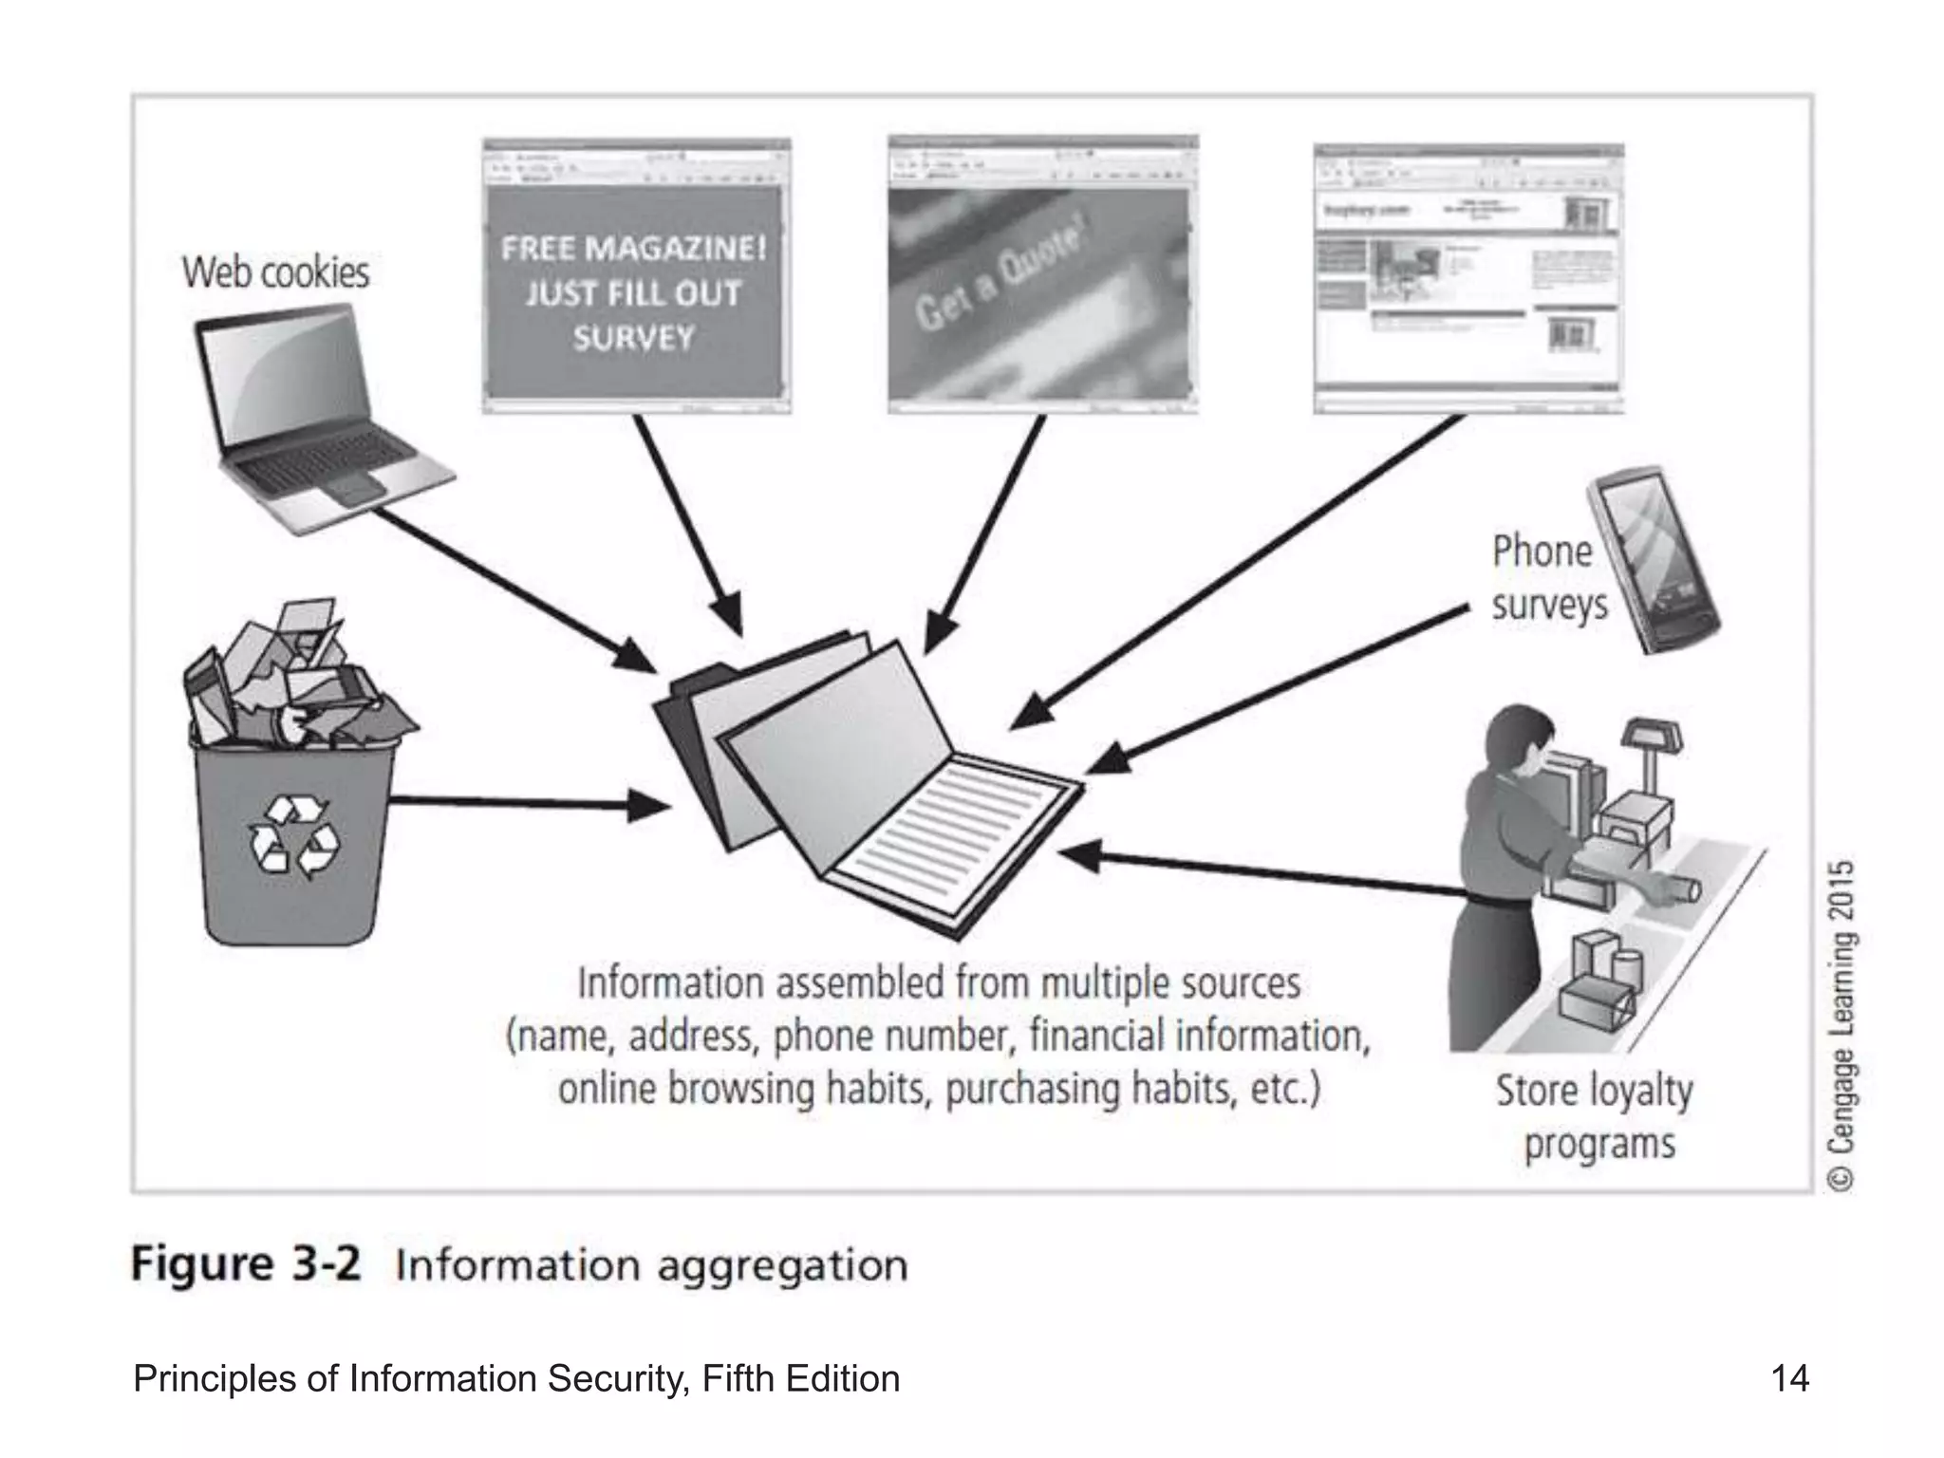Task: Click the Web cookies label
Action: (275, 272)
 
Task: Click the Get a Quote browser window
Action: (1042, 275)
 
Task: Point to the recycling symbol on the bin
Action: (293, 834)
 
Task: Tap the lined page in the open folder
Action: (949, 835)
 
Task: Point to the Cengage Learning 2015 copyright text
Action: (1841, 1025)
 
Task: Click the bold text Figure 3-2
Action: (246, 1265)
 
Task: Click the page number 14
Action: (1789, 1377)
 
